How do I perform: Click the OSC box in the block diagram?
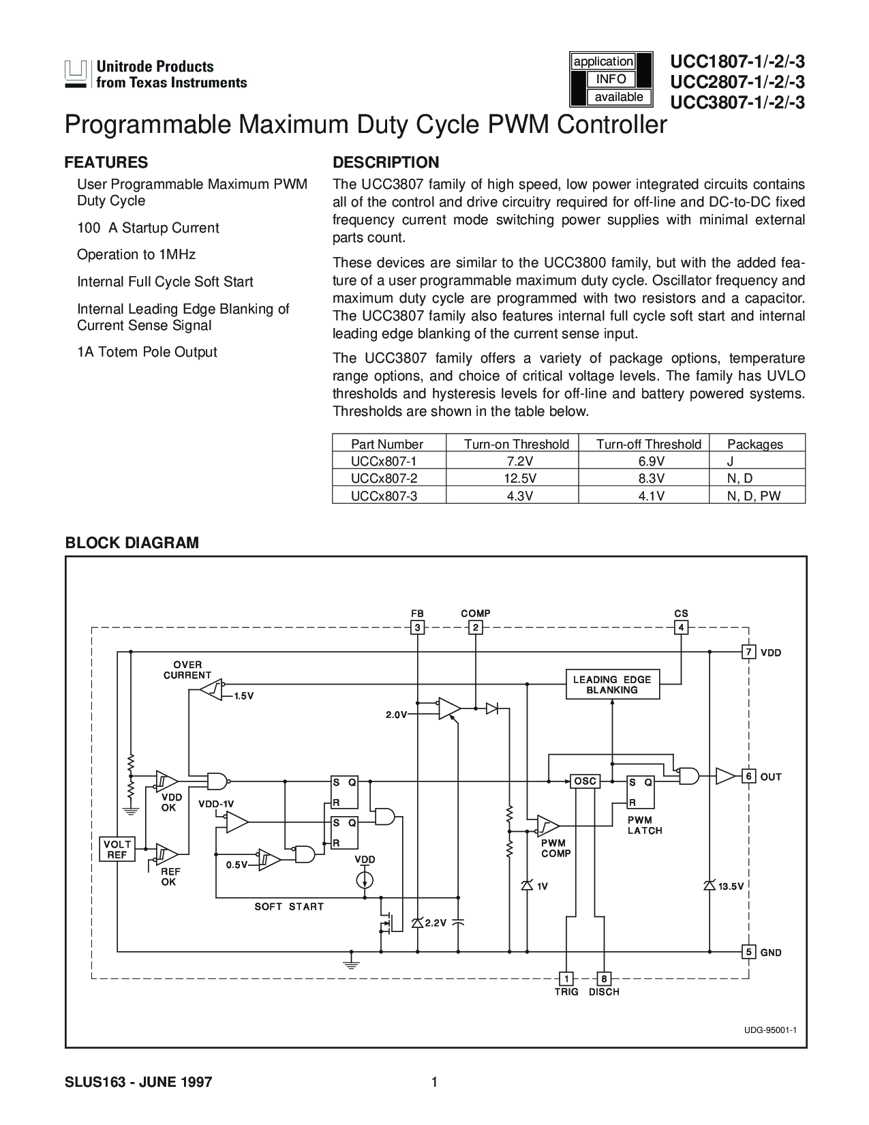click(585, 781)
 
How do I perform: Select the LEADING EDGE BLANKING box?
click(612, 685)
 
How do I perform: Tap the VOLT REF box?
click(117, 849)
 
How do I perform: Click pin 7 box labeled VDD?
click(748, 652)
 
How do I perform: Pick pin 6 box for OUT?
click(748, 776)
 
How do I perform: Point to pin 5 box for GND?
click(748, 952)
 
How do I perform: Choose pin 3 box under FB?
click(417, 628)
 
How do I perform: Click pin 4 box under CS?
click(681, 628)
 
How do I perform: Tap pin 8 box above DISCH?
click(603, 978)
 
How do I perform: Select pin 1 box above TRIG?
click(566, 978)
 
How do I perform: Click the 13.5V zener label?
click(731, 886)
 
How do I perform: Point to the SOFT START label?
click(289, 907)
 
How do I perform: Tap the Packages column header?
click(755, 444)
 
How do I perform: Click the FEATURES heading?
click(106, 162)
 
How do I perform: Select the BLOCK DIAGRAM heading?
click(132, 542)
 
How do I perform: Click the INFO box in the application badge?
click(611, 79)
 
